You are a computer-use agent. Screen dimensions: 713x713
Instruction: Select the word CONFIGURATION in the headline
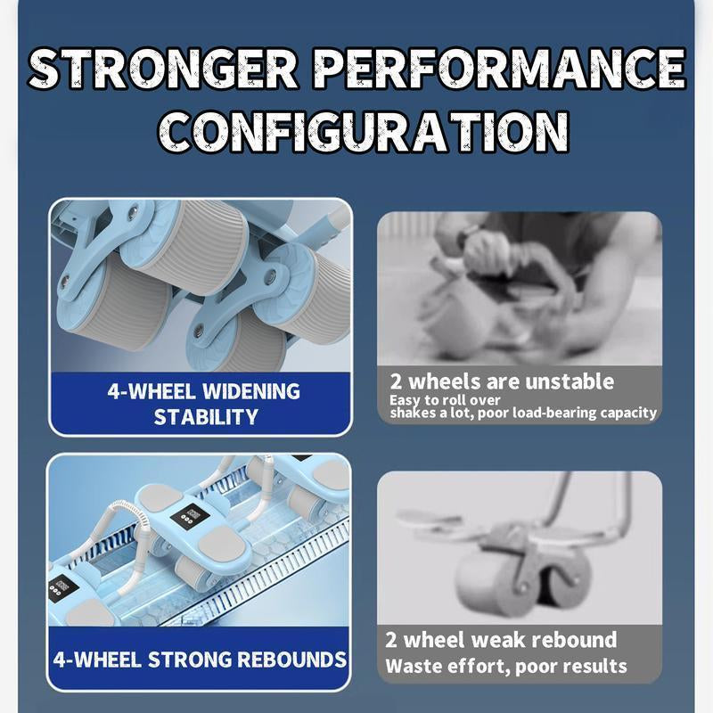[x=356, y=132]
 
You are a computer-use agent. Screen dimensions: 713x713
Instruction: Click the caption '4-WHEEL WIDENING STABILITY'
[x=204, y=404]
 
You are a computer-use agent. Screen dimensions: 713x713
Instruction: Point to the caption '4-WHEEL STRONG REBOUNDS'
[x=200, y=660]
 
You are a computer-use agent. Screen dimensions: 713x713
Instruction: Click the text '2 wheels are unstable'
[x=502, y=381]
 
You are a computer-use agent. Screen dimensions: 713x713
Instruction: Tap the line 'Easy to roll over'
[x=445, y=400]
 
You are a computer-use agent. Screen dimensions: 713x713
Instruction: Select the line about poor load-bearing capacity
[x=523, y=413]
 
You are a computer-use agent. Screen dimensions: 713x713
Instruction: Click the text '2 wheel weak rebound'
[x=500, y=640]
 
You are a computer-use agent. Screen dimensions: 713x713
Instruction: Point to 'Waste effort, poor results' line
[x=506, y=665]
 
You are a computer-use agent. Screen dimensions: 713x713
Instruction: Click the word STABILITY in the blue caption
[x=206, y=417]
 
